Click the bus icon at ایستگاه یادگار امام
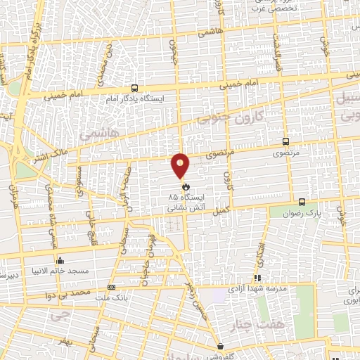[x=134, y=89]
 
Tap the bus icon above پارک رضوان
[x=302, y=200]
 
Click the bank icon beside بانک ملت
[x=111, y=287]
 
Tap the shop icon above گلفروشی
[x=220, y=346]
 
